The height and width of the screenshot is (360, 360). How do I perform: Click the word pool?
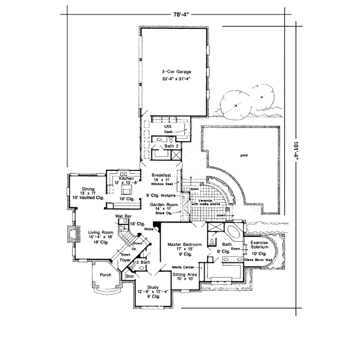[x=244, y=155]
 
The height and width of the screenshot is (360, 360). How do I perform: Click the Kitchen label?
[x=126, y=178]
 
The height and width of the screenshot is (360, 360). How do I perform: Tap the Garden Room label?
[x=162, y=204]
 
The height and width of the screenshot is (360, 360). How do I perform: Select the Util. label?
[x=169, y=127]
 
